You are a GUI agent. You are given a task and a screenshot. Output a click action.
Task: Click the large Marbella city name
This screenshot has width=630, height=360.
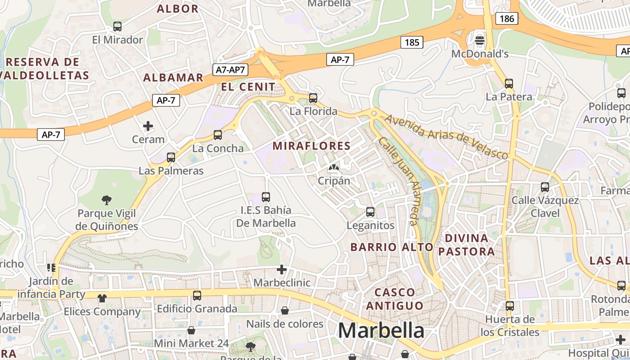coord(381,331)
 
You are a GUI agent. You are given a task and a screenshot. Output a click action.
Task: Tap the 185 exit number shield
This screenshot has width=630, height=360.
coord(412,43)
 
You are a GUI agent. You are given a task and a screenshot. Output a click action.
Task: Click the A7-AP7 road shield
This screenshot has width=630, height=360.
coord(230,70)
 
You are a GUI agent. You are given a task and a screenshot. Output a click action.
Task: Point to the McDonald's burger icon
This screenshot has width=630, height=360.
coord(480,40)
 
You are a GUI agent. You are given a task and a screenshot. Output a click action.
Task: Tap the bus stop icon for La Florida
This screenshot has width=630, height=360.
coord(313,98)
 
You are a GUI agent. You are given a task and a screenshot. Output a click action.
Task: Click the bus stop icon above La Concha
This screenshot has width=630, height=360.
coord(218,135)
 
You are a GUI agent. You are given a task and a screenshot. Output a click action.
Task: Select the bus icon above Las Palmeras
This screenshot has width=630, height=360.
coord(171,157)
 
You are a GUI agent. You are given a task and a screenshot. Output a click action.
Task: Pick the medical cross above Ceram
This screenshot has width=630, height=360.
coord(148,126)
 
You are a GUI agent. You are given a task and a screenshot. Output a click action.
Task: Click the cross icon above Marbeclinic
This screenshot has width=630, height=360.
coord(282,270)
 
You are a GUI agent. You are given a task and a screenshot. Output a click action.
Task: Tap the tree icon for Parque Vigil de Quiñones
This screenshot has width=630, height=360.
coord(107,200)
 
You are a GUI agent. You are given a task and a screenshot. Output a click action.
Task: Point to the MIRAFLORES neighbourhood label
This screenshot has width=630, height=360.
coord(311,146)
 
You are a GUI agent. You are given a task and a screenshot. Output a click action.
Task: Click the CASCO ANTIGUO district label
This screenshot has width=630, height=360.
coord(395,299)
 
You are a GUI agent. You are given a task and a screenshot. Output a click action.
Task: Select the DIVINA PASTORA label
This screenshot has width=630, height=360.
coord(466,245)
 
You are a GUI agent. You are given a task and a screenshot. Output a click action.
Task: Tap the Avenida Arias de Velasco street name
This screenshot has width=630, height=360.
coord(446,137)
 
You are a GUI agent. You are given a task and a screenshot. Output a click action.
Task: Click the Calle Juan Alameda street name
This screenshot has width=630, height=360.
coord(399,180)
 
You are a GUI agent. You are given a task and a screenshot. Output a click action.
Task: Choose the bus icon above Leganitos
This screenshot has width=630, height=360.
coord(370,211)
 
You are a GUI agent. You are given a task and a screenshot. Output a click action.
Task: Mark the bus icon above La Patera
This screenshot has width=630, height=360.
coord(509,83)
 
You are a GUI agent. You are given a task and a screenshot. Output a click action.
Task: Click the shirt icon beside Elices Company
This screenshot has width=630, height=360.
coord(102,298)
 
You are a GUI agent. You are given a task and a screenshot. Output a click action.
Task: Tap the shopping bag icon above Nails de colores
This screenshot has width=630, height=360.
coord(285,310)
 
